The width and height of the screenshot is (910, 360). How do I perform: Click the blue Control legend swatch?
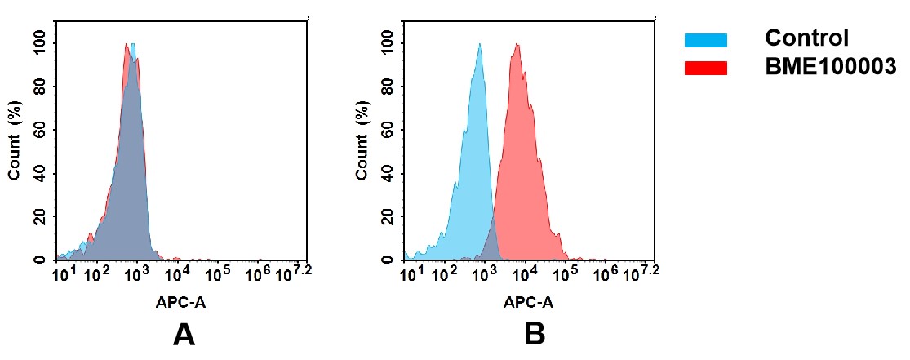[x=705, y=40]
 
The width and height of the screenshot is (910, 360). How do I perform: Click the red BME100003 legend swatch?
[x=705, y=69]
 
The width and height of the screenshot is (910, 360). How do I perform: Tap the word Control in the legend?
[x=806, y=38]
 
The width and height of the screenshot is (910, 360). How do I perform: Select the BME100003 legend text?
[x=830, y=68]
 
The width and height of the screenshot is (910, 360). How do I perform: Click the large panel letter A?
[x=184, y=335]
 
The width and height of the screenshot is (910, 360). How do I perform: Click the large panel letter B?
[x=534, y=335]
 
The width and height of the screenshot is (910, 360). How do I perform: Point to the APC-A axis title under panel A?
[x=182, y=302]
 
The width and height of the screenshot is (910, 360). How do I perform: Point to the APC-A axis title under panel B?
[x=528, y=302]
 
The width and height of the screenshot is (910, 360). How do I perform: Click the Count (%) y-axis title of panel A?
[x=14, y=140]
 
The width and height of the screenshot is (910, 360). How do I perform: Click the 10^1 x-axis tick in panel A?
[x=63, y=273]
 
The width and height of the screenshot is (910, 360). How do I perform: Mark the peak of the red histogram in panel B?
[x=517, y=46]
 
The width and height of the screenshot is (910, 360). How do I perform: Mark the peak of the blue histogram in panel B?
[x=480, y=46]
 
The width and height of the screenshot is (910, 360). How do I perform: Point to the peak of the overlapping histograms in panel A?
[x=129, y=46]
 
